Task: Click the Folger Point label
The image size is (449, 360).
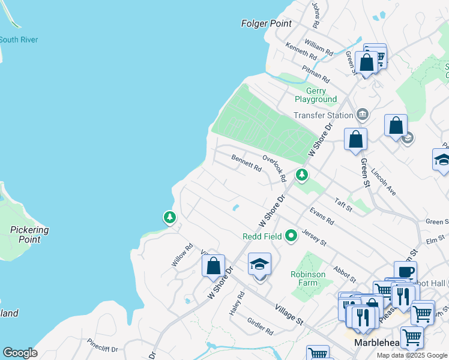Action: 266,24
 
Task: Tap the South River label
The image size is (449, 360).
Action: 19,40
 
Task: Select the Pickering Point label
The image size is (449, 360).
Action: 29,235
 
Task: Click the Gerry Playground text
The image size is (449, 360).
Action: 315,95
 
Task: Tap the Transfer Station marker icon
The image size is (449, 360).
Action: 362,114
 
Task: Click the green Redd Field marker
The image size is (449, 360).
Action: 291,236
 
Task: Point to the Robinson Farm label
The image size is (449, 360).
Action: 308,278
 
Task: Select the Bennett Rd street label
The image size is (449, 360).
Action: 246,163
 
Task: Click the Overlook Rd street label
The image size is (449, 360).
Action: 274,168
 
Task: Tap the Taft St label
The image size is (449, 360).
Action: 343,205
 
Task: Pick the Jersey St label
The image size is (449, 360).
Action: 314,238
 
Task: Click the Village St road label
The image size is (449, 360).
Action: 288,314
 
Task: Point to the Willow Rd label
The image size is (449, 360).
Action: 182,255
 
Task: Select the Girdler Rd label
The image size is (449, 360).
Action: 261,326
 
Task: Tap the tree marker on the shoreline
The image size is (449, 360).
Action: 170,217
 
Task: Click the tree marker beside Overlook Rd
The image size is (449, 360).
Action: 301,175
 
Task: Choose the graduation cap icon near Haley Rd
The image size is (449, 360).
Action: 259,264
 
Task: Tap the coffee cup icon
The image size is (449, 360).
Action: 405,271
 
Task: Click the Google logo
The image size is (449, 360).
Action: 20,353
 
